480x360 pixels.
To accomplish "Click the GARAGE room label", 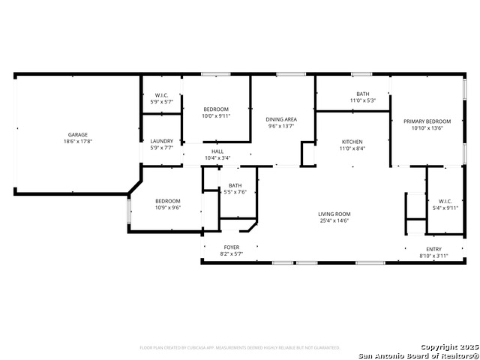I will tap(78, 135).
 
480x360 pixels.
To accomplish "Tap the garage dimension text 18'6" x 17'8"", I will tap(78, 142).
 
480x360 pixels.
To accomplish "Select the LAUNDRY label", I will tap(161, 141).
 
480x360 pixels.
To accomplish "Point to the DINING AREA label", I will tap(282, 119).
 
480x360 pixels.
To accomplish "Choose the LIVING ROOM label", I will tap(334, 214).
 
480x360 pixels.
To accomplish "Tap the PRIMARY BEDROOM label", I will tap(427, 121).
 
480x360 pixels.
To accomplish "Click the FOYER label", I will tap(232, 247).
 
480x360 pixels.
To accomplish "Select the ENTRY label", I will tap(434, 250).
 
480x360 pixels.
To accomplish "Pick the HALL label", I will tap(217, 151).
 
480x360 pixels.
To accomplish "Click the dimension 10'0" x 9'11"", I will tap(217, 116).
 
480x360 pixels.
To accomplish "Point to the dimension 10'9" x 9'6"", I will tap(168, 208).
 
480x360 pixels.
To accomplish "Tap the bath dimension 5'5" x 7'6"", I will tap(235, 192).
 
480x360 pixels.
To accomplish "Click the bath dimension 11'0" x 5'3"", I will tap(362, 100).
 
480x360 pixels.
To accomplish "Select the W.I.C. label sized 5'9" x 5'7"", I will tap(161, 101).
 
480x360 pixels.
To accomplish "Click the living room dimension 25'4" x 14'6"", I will tap(334, 221).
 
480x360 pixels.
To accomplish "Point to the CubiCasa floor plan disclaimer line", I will tap(240, 348).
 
